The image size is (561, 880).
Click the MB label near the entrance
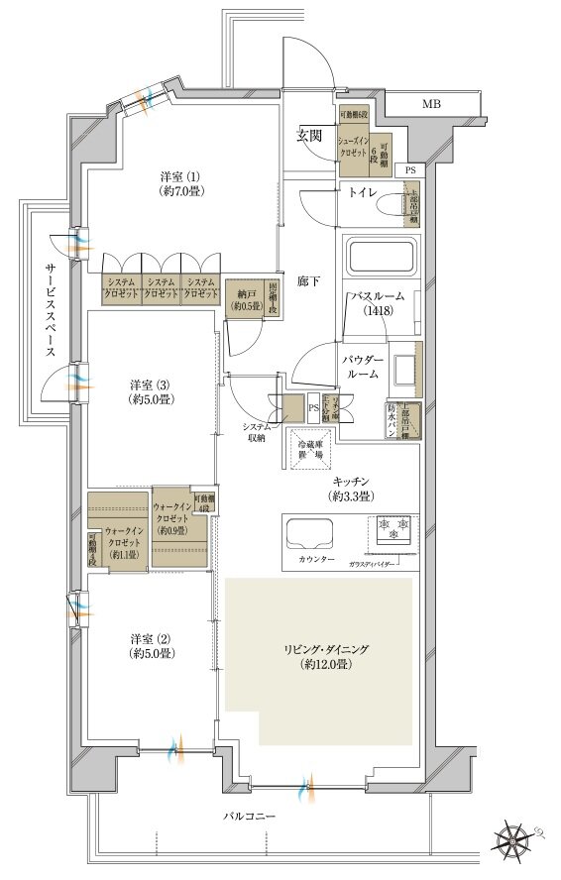(432, 103)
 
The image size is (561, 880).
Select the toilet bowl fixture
(408, 205)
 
